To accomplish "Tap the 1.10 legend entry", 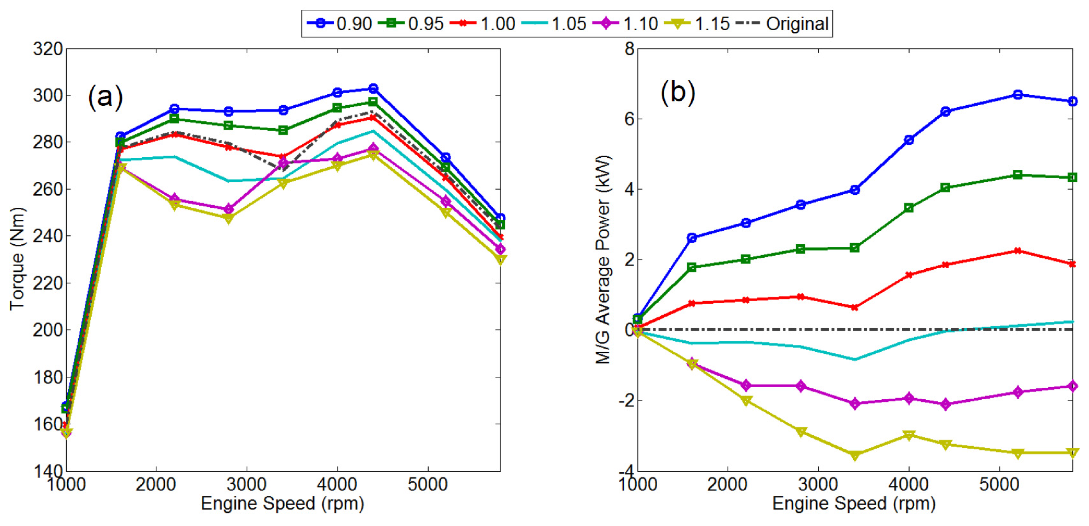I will pos(626,24).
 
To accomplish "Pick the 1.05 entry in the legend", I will pos(554,24).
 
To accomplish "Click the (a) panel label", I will pos(105,96).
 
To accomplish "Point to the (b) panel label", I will pos(678,92).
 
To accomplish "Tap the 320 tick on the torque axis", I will pos(48,49).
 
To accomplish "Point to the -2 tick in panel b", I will pos(626,400).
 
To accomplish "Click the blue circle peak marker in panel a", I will pos(373,89).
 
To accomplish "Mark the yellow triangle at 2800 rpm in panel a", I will pos(228,218).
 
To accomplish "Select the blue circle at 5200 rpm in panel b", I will pos(1017,95).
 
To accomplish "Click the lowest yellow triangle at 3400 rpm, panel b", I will pos(855,455).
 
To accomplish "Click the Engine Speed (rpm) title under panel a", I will pos(282,504).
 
